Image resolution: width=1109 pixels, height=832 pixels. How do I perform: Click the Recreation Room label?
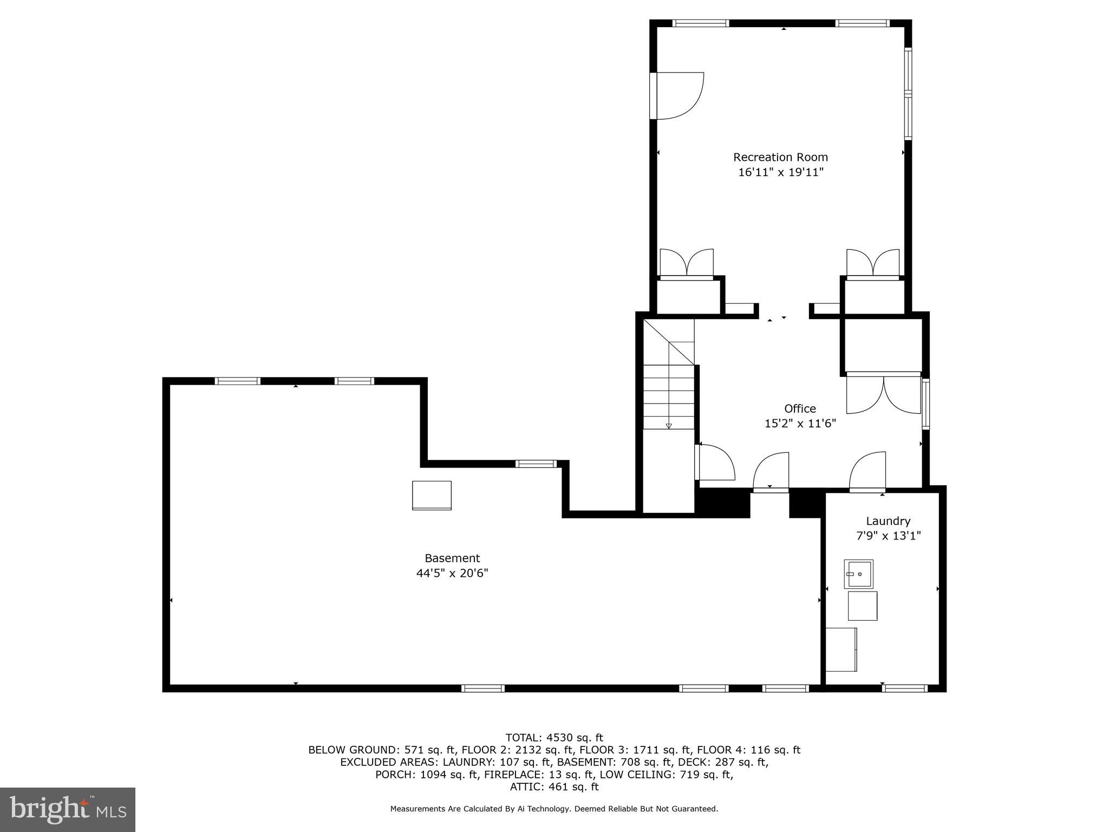click(x=780, y=157)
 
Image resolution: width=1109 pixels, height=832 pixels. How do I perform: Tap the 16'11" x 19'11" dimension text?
click(x=780, y=172)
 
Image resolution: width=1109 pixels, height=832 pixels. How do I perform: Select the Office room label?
click(x=800, y=408)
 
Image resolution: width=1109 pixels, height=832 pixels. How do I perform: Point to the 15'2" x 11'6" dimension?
click(x=800, y=424)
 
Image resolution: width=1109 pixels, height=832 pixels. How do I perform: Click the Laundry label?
click(x=888, y=521)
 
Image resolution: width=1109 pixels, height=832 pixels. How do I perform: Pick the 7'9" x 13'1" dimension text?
click(x=888, y=536)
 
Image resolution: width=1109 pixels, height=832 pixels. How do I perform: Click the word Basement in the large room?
click(x=452, y=558)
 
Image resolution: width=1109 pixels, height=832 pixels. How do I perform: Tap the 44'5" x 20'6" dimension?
click(x=452, y=573)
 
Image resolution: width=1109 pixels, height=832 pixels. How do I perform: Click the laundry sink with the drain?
click(x=858, y=574)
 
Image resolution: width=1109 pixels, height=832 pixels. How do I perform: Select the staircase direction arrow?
click(x=669, y=426)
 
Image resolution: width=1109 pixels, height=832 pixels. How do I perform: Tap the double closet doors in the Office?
click(x=884, y=394)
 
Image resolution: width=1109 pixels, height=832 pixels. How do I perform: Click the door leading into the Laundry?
click(x=867, y=472)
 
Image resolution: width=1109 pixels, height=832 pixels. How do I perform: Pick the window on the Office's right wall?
click(x=926, y=404)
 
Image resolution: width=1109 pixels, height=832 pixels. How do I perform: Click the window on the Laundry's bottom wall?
click(x=904, y=688)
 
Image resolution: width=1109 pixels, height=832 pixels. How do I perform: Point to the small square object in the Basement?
click(x=432, y=495)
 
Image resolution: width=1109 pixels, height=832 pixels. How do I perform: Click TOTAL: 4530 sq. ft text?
click(x=554, y=738)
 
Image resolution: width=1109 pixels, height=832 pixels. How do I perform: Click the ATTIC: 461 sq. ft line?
click(x=554, y=787)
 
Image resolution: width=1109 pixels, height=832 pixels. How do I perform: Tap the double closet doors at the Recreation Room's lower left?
click(x=686, y=264)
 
